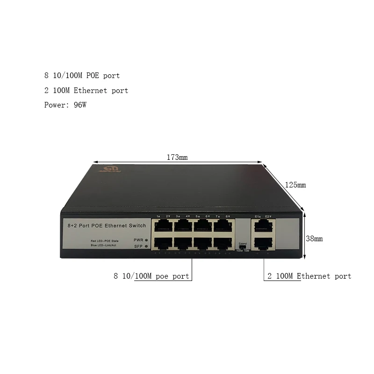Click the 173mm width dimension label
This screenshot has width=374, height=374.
click(177, 158)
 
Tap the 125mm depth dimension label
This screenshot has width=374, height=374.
click(295, 185)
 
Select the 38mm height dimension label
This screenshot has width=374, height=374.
click(314, 238)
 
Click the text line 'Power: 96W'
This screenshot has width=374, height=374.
click(65, 105)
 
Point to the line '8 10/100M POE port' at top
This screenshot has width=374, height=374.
click(82, 75)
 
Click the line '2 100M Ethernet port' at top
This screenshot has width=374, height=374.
click(86, 90)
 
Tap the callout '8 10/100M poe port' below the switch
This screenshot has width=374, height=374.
click(151, 276)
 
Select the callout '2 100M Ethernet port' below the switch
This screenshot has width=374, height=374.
click(309, 276)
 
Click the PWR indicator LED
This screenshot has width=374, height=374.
click(146, 239)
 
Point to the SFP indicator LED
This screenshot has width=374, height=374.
click(146, 246)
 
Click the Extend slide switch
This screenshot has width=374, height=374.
click(242, 247)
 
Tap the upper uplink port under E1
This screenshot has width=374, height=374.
click(263, 226)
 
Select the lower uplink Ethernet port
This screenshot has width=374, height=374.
click(263, 243)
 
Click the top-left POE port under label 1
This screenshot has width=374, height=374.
click(163, 226)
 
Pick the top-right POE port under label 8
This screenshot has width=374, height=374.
click(223, 226)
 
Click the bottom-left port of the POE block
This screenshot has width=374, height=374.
click(163, 243)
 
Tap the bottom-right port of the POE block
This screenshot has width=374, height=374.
click(223, 243)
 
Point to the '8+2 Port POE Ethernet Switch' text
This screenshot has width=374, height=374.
click(107, 226)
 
